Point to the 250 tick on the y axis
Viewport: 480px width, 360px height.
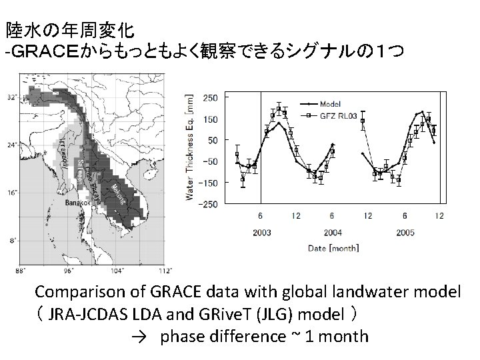(x=211, y=97)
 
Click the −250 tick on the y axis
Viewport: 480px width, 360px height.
(x=209, y=204)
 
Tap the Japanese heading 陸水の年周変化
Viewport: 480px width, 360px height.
(x=71, y=30)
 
